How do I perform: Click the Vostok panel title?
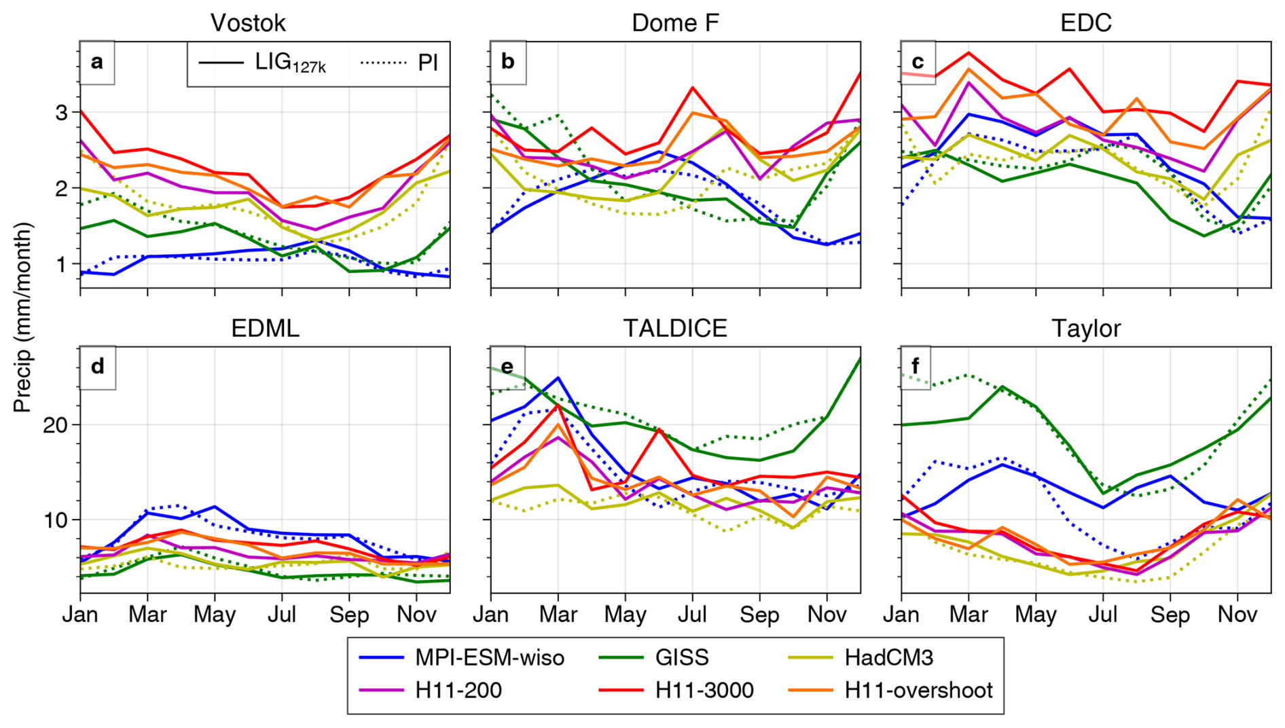tap(248, 23)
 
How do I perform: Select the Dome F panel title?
tap(674, 23)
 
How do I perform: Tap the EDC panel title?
tap(1085, 23)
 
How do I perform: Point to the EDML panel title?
tap(265, 329)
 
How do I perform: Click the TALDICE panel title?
tap(674, 329)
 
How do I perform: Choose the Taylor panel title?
tap(1085, 329)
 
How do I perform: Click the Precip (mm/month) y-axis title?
tap(22, 317)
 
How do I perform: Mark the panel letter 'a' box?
tap(97, 62)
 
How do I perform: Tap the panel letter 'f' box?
tap(916, 367)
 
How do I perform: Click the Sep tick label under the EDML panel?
tap(349, 615)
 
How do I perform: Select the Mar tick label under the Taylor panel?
tap(969, 615)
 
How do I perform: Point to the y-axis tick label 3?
tap(62, 113)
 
